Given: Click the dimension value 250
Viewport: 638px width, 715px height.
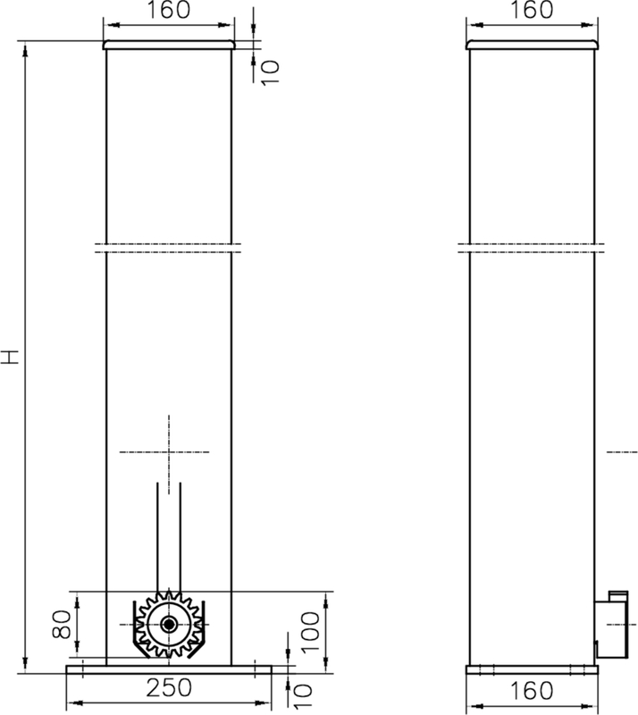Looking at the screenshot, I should coord(170,688).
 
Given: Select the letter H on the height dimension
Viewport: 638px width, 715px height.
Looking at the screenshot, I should coord(11,357).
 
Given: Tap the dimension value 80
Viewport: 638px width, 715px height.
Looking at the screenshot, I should coord(60,623).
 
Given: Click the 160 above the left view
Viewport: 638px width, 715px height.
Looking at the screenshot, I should coord(168,11).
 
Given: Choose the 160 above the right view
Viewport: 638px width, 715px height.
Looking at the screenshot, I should coord(532,11).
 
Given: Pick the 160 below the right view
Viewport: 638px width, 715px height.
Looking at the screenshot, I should coord(532,690).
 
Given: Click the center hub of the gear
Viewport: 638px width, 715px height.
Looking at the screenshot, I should coord(168,624).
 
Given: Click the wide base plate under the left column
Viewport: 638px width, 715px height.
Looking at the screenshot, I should coord(169,669).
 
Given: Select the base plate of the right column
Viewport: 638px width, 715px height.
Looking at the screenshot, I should coord(532,669).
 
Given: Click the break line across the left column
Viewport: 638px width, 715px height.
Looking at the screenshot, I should coord(169,248).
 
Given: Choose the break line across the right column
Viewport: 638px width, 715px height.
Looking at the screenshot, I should coord(532,248).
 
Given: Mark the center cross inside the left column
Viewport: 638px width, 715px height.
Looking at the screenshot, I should coord(169,450).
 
